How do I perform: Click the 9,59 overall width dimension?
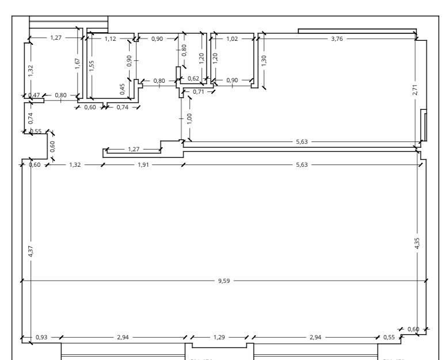click(x=224, y=281)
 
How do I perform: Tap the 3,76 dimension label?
click(x=337, y=39)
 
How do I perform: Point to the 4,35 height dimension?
click(x=417, y=243)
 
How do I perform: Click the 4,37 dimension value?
click(x=31, y=251)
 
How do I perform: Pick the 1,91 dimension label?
click(x=142, y=165)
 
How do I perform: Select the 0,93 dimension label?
click(x=41, y=337)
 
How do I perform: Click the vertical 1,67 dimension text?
click(x=78, y=63)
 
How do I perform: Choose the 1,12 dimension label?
click(x=111, y=39)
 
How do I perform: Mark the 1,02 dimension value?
click(x=232, y=39)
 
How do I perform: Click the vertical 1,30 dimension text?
click(x=264, y=60)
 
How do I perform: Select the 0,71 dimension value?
click(x=199, y=91)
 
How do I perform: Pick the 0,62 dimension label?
click(x=193, y=78)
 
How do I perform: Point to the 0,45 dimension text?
click(x=122, y=88)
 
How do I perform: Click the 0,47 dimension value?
click(x=35, y=95)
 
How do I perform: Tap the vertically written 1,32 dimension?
click(x=31, y=70)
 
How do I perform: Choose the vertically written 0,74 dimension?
click(x=31, y=117)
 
